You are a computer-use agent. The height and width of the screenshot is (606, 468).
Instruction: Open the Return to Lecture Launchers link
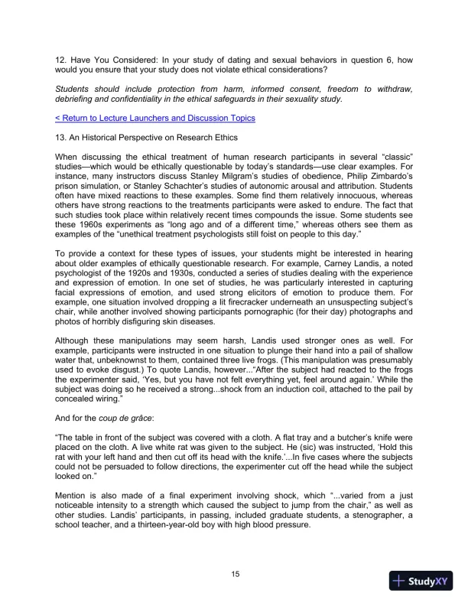pyautogui.click(x=155, y=118)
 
